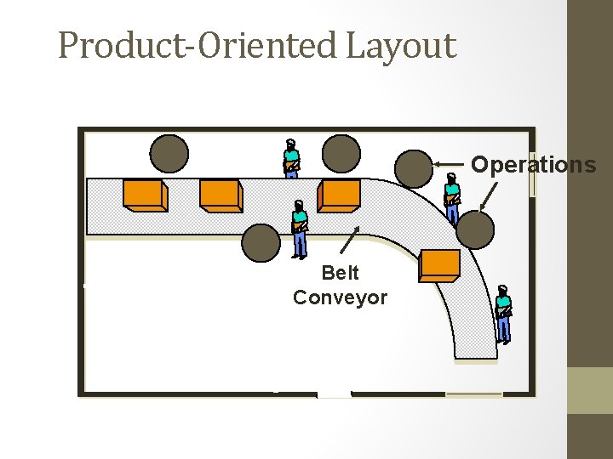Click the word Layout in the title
click(401, 46)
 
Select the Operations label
click(533, 165)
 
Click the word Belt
click(340, 273)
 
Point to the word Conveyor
click(340, 297)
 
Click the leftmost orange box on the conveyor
click(144, 195)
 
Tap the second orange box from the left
click(221, 195)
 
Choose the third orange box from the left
click(339, 195)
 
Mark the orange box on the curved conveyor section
click(440, 265)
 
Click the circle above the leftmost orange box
click(169, 154)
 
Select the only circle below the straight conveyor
click(261, 242)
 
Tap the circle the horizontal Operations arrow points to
click(415, 168)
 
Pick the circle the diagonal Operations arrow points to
click(475, 229)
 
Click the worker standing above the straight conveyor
click(291, 159)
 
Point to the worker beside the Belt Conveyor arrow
click(299, 229)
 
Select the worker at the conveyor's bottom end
click(503, 314)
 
